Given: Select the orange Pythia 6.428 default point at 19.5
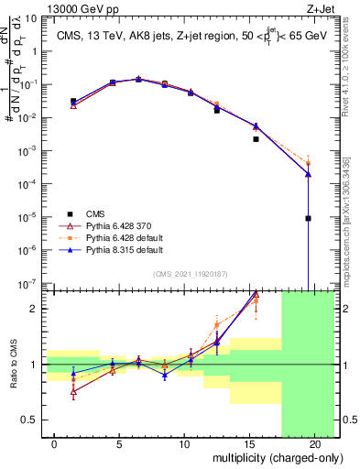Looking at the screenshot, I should (309, 163).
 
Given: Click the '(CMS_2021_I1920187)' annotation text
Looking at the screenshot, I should (191, 273).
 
